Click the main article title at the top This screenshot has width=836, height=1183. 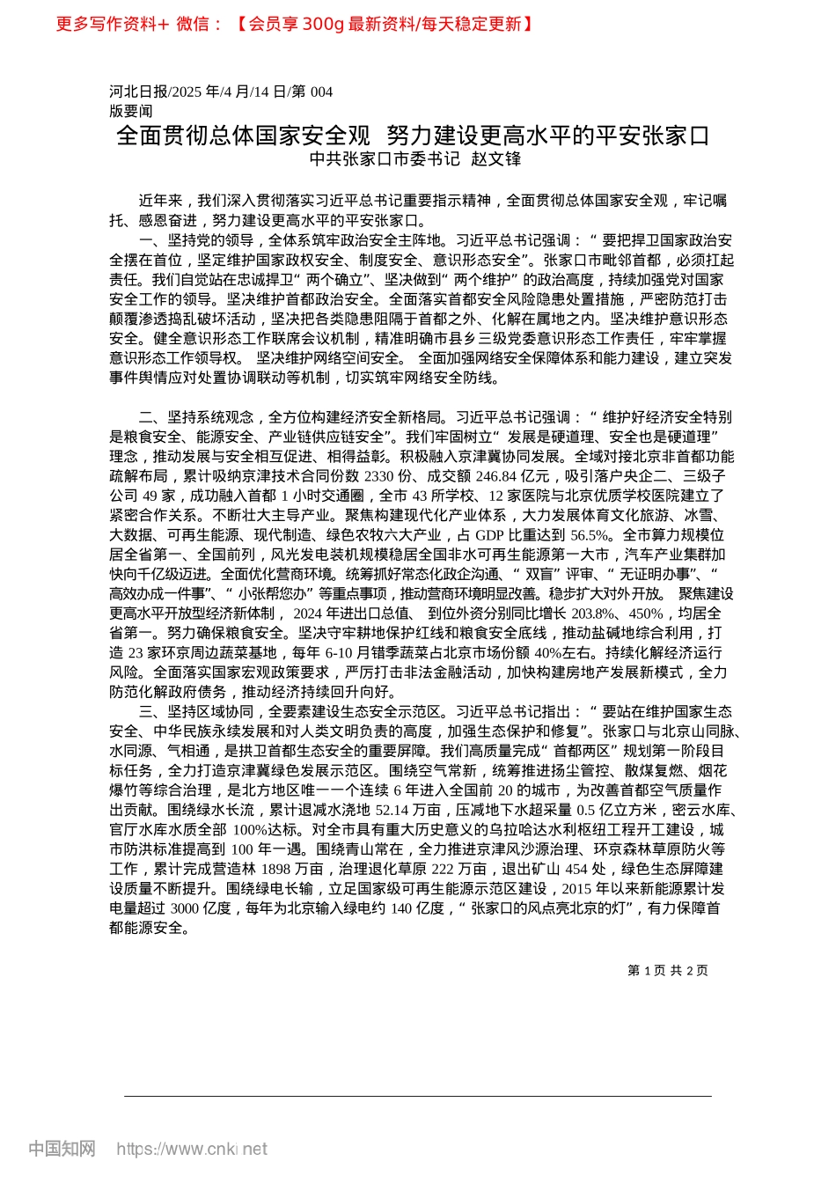pyautogui.click(x=413, y=136)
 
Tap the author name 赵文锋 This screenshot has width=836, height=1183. pyautogui.click(x=496, y=159)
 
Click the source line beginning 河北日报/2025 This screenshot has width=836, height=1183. pyautogui.click(x=221, y=92)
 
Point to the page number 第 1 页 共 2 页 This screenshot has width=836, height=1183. pyautogui.click(x=668, y=970)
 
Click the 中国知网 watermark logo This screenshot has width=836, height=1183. pyautogui.click(x=62, y=1148)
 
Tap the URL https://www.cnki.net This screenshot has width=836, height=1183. pyautogui.click(x=192, y=1149)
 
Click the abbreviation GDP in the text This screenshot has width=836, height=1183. pyautogui.click(x=490, y=535)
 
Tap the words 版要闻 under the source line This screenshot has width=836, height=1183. pyautogui.click(x=131, y=111)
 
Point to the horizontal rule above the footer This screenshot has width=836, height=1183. pyautogui.click(x=417, y=1096)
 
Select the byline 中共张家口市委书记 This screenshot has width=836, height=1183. pyautogui.click(x=385, y=159)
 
